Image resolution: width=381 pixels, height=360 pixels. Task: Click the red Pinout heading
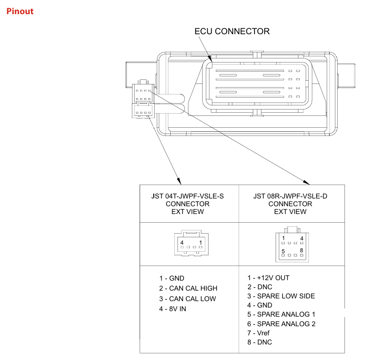coord(20,11)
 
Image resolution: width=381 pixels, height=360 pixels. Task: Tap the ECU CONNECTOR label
coord(232,31)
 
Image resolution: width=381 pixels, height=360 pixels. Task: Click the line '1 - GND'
coord(172,278)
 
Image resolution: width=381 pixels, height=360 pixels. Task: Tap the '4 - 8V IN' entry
coord(172,309)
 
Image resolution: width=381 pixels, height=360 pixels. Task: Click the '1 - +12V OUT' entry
coord(268,277)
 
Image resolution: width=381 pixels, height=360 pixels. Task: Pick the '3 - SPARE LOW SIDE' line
coord(281,296)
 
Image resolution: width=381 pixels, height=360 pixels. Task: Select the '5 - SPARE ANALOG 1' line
coord(281,314)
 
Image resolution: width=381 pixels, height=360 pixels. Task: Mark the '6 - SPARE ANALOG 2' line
coord(281,324)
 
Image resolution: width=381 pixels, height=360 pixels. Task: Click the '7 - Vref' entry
coord(258,333)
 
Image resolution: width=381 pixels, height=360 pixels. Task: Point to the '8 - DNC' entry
coord(260,342)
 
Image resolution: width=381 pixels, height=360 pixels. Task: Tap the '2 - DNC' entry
coord(260,287)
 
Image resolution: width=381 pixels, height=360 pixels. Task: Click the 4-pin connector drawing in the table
coord(190,244)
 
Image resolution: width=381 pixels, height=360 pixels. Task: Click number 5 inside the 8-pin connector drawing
coord(283,251)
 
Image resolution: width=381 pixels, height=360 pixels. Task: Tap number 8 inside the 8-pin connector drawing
coord(302,250)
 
